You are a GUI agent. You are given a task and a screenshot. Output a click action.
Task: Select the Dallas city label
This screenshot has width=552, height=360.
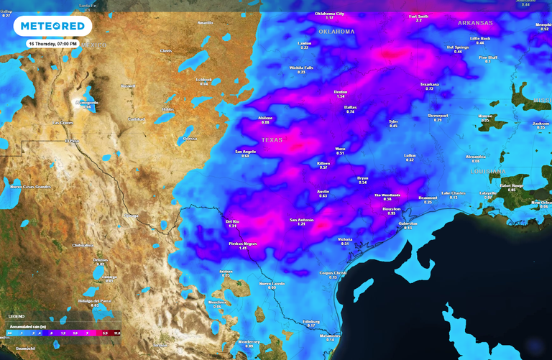coord(350,107)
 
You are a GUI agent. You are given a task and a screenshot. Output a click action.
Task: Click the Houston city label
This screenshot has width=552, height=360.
coord(391,208)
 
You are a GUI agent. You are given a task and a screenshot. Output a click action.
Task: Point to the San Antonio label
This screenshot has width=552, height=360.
coord(302,220)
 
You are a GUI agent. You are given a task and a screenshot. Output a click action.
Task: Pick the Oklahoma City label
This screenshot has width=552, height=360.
coord(329,14)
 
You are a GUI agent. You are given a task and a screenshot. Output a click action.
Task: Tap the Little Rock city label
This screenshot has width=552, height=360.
coord(479,38)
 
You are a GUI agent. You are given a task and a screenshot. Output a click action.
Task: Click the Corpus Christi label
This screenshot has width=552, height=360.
coord(333,273)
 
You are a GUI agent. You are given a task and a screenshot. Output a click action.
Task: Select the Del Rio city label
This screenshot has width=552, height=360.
coord(232,221)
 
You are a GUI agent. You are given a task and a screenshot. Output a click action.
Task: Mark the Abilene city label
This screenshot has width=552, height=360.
coord(265,118)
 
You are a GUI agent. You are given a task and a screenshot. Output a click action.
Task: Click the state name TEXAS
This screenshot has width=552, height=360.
coord(272,139)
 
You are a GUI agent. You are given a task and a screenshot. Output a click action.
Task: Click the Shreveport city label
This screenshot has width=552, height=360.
coord(438,115)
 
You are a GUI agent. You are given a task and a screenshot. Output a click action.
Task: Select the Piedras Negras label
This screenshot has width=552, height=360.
coord(243,244)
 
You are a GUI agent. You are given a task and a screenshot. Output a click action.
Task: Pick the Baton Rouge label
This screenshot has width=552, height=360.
coord(512,185)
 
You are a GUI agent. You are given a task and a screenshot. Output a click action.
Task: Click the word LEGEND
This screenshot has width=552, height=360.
coord(16,316)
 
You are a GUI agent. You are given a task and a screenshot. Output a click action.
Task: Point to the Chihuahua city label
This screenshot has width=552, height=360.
coord(83,245)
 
